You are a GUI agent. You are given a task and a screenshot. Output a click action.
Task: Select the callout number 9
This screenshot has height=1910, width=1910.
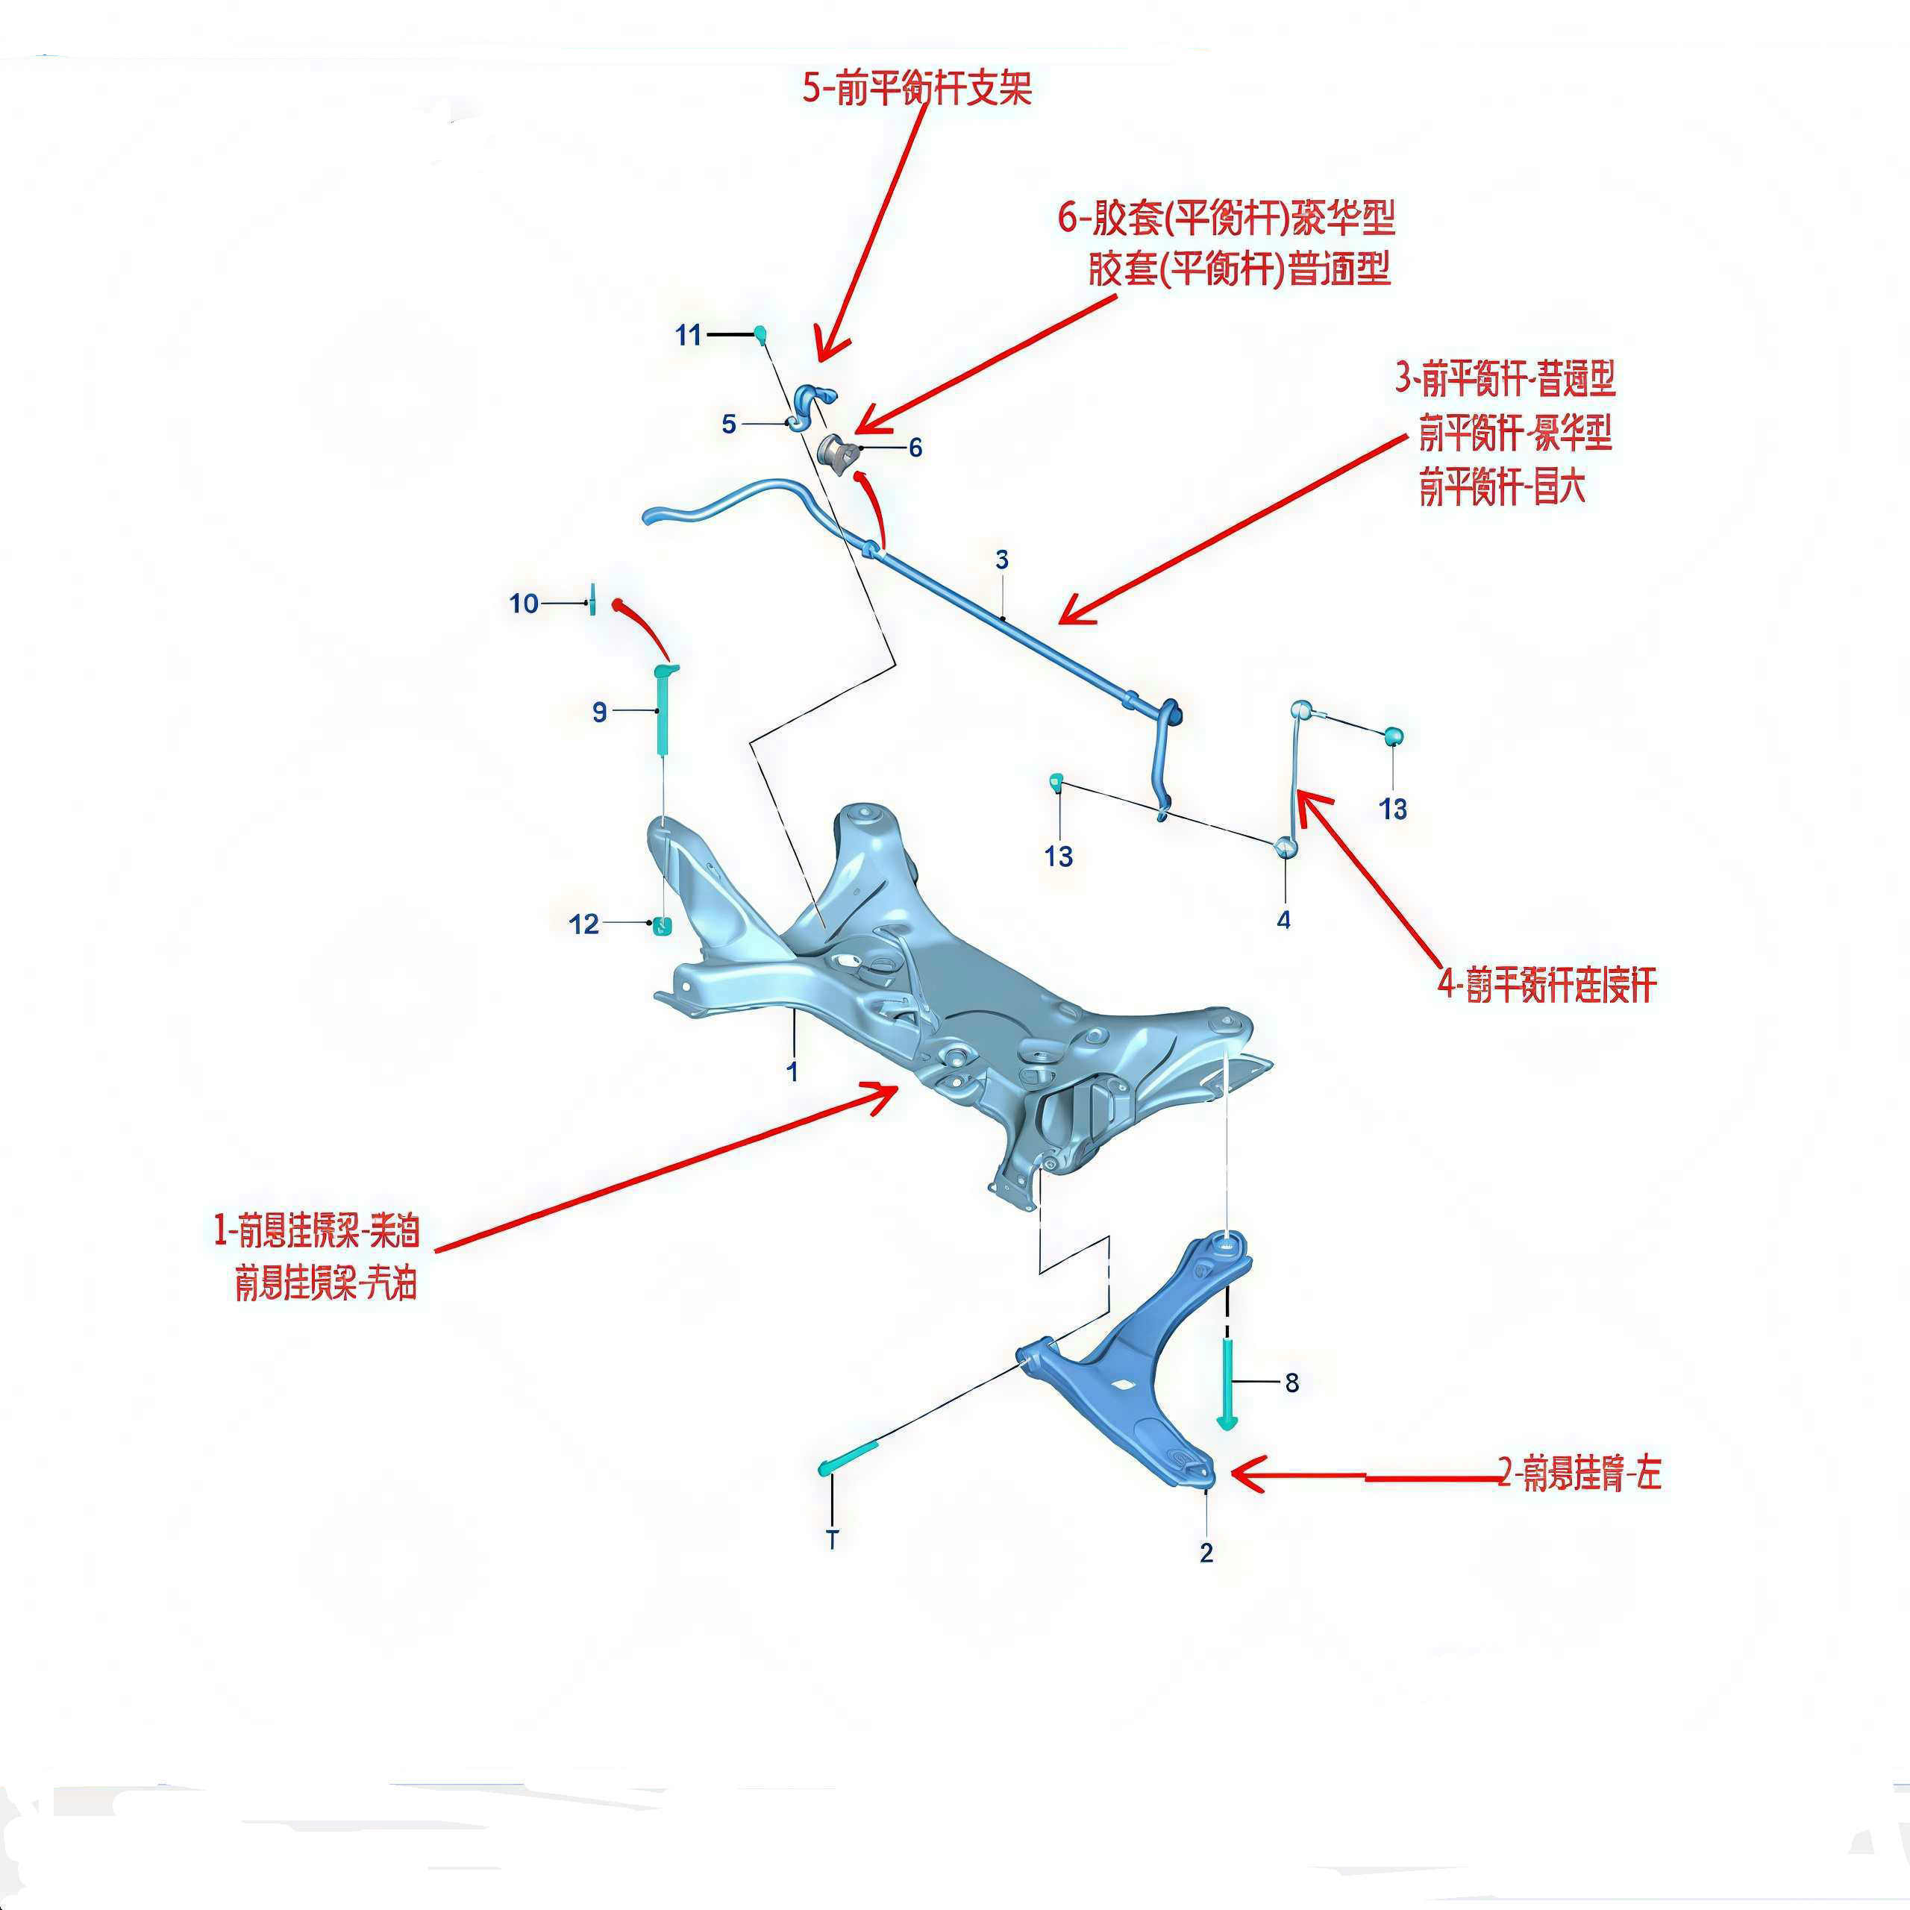click(599, 712)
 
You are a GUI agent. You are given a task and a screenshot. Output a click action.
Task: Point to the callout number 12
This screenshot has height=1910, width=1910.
click(583, 924)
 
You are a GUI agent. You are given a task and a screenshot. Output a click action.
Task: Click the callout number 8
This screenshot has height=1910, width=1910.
click(1292, 1382)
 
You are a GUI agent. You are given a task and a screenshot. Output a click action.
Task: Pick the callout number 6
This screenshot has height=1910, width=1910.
click(915, 448)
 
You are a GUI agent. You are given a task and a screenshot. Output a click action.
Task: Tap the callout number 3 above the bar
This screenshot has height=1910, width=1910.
click(1001, 560)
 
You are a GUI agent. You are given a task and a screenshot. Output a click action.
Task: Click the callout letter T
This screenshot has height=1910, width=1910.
click(833, 1539)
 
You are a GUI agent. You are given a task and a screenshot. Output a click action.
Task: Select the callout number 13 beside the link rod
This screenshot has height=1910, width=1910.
click(1393, 809)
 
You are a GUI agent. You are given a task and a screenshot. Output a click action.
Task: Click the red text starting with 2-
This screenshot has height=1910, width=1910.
click(1579, 1474)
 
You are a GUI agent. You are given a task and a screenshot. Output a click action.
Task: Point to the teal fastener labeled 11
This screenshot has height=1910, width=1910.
click(761, 332)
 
